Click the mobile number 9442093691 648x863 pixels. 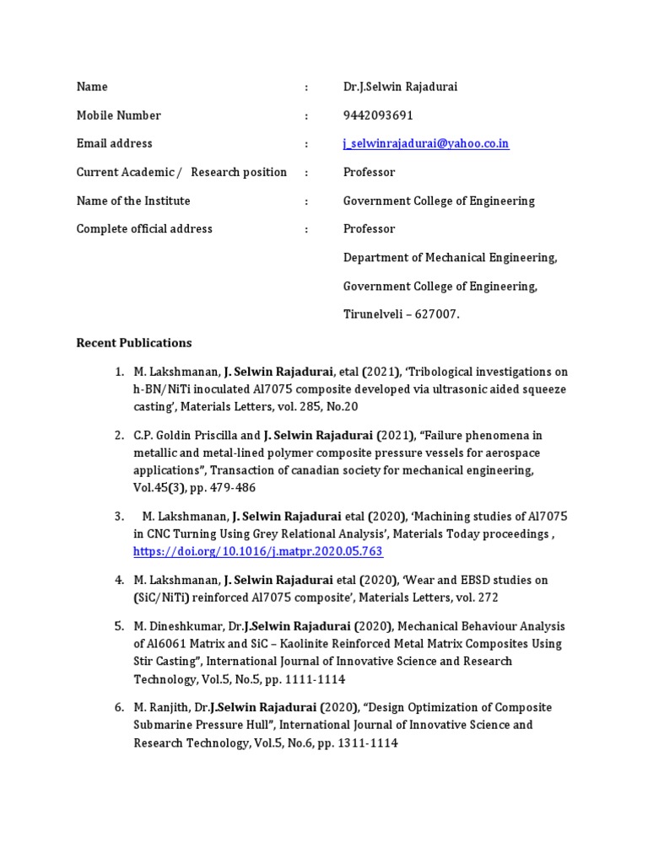[x=378, y=115]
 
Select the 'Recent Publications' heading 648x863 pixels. [x=134, y=343]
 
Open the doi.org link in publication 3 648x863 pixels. [x=258, y=551]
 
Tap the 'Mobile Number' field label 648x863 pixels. [x=119, y=115]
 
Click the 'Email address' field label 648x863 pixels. [x=115, y=144]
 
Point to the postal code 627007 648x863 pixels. [x=437, y=314]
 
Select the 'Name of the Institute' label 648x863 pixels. [x=133, y=201]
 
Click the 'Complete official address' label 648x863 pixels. [x=144, y=229]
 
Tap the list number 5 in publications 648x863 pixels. [x=119, y=626]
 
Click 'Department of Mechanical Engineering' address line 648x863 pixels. [x=450, y=258]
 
